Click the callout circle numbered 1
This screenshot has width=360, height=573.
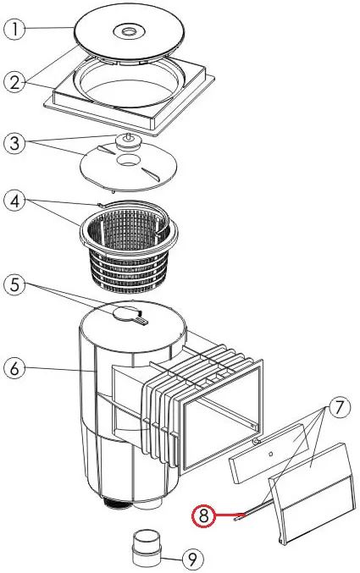(14, 29)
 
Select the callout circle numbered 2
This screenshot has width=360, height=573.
(14, 82)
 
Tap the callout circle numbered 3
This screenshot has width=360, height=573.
(14, 143)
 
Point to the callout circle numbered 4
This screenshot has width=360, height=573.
(14, 201)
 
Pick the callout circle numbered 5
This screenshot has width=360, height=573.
(14, 285)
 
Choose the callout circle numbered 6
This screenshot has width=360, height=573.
(14, 368)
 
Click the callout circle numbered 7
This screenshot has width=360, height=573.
(340, 408)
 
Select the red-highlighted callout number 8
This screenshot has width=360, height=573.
(204, 515)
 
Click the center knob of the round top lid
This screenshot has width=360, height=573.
(128, 31)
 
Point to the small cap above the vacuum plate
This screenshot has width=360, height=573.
(128, 141)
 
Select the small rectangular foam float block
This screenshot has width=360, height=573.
(268, 455)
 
